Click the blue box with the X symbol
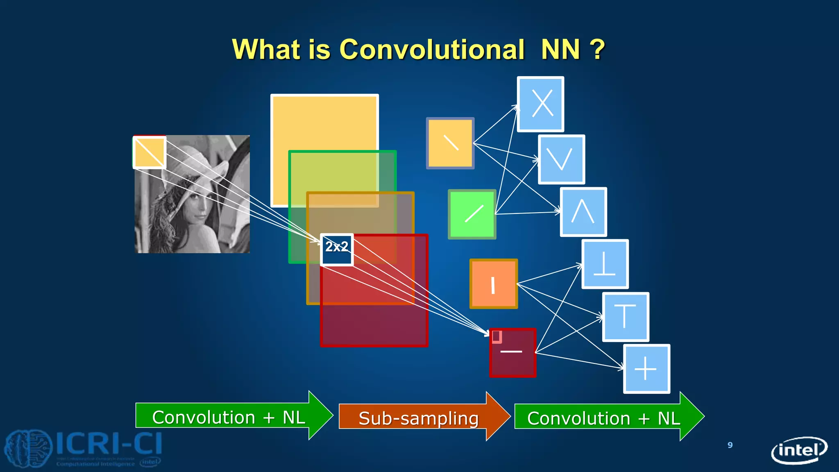coord(540,104)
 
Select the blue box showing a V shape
coord(561,159)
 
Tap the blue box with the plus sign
coord(646,369)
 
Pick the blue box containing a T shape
coord(626,317)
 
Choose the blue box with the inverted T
coord(605,264)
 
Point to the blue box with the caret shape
coord(583,212)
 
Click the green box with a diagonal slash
coord(472,214)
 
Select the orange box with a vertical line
coord(494,284)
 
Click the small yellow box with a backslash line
coord(450,143)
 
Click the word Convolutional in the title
coord(432,50)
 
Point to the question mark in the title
coord(598,50)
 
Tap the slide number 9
coord(730,445)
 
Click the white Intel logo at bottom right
coord(799,450)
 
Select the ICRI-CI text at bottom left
coord(109,443)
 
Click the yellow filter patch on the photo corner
coord(150,152)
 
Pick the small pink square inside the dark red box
coord(497,336)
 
